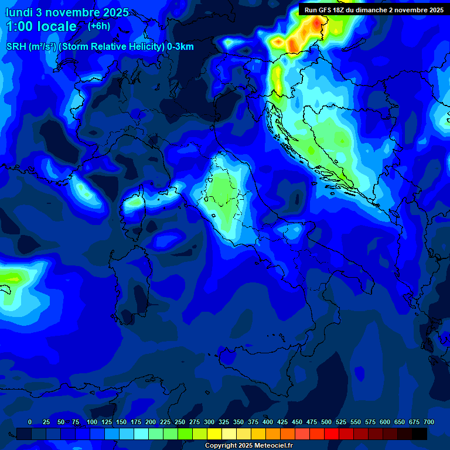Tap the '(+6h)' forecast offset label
click(x=99, y=26)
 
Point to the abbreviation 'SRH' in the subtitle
click(x=16, y=47)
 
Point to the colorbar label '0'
click(x=30, y=422)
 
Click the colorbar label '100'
click(x=92, y=422)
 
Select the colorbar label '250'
click(x=180, y=422)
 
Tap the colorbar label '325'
click(x=224, y=422)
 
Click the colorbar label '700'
click(x=429, y=422)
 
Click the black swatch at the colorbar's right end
click(x=420, y=434)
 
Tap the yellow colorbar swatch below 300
click(x=214, y=434)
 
